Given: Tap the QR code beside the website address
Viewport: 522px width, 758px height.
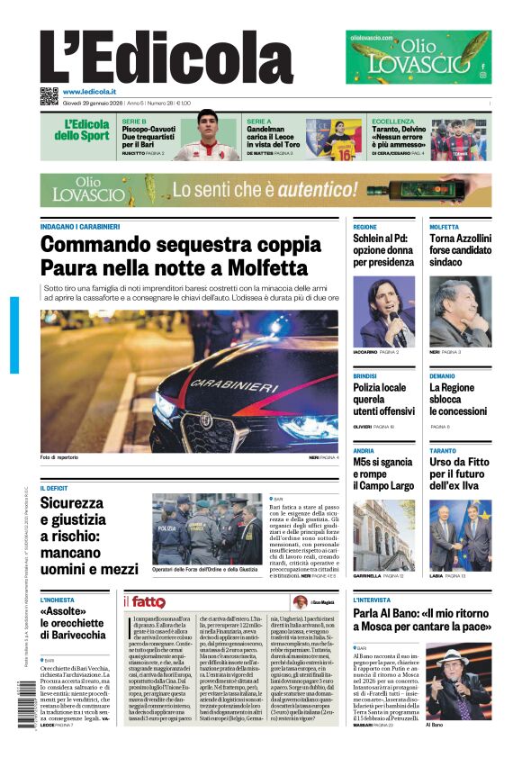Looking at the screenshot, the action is [49, 95].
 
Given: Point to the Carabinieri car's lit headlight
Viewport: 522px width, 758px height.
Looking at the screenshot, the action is [165, 405].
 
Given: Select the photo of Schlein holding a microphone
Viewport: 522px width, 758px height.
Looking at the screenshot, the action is [383, 311].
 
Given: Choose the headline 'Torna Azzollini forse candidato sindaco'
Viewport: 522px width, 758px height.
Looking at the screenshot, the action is [460, 250].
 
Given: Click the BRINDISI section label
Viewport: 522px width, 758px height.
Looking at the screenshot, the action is [364, 375].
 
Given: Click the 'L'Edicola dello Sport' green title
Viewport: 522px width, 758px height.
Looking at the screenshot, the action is [86, 130].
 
